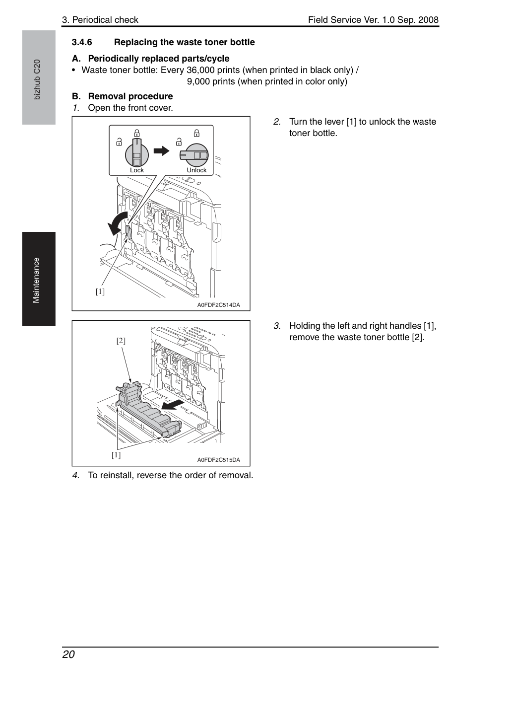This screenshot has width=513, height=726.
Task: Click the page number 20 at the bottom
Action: [x=68, y=654]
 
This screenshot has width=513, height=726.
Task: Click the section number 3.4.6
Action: [x=82, y=42]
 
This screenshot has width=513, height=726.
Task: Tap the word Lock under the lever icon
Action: [x=136, y=170]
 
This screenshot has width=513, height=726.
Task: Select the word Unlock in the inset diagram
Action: [x=196, y=170]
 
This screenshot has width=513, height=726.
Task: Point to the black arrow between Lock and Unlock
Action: [x=161, y=150]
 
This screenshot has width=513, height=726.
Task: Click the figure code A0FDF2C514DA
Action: [x=219, y=305]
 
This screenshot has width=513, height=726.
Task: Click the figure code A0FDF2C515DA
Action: [x=219, y=460]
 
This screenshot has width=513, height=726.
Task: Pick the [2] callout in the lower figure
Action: [x=121, y=341]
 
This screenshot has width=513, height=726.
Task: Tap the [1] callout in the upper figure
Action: [x=100, y=291]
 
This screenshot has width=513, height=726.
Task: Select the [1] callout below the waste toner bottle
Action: [x=116, y=455]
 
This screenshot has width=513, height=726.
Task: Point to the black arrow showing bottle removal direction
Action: [x=173, y=405]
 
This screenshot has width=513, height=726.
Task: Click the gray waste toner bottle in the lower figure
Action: [x=147, y=409]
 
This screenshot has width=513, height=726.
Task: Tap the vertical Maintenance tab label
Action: [x=36, y=281]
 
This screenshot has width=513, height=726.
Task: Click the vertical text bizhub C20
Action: [x=37, y=79]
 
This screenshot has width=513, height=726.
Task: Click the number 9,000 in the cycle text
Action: [x=198, y=81]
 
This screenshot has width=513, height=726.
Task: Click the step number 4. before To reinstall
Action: [x=76, y=475]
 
